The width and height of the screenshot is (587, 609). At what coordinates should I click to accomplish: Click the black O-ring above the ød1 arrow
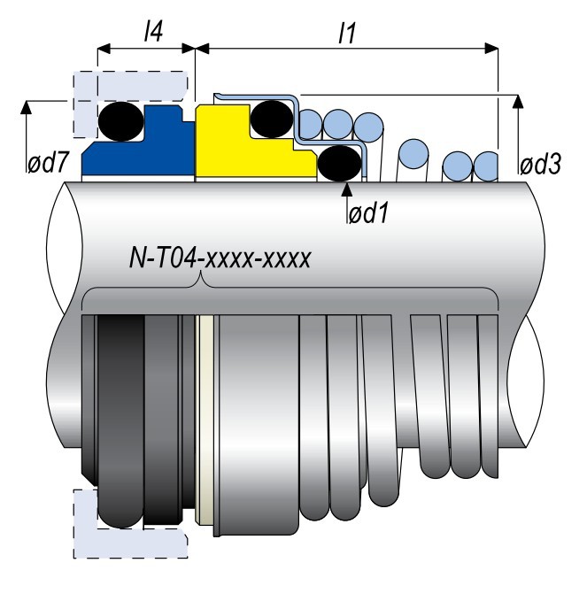click(338, 163)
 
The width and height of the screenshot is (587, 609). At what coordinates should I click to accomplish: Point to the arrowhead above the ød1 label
click(347, 185)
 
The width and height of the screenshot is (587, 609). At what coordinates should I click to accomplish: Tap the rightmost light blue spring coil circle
click(486, 165)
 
